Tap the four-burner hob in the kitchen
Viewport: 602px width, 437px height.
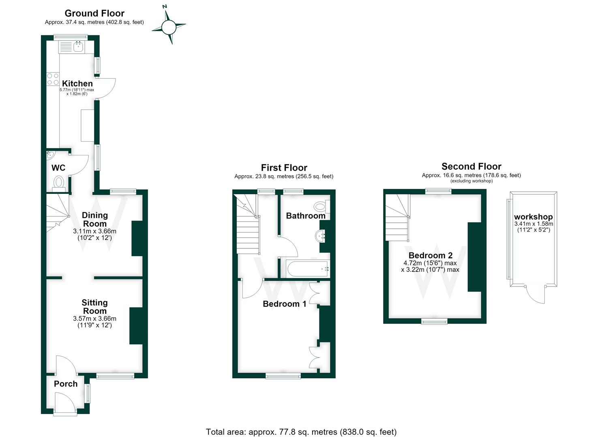[53, 79]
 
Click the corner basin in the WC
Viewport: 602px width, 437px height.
[50, 155]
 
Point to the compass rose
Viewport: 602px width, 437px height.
[169, 27]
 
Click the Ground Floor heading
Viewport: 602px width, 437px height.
[94, 13]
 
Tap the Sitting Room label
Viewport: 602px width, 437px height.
[94, 307]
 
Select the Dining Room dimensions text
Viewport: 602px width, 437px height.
[94, 234]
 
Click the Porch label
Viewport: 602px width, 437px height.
[66, 384]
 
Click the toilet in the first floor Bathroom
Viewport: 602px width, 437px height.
[322, 206]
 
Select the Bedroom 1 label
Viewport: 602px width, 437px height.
[284, 303]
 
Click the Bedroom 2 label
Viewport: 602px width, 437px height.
[431, 255]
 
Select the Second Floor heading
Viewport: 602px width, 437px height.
[471, 166]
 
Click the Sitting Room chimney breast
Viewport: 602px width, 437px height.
[136, 326]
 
